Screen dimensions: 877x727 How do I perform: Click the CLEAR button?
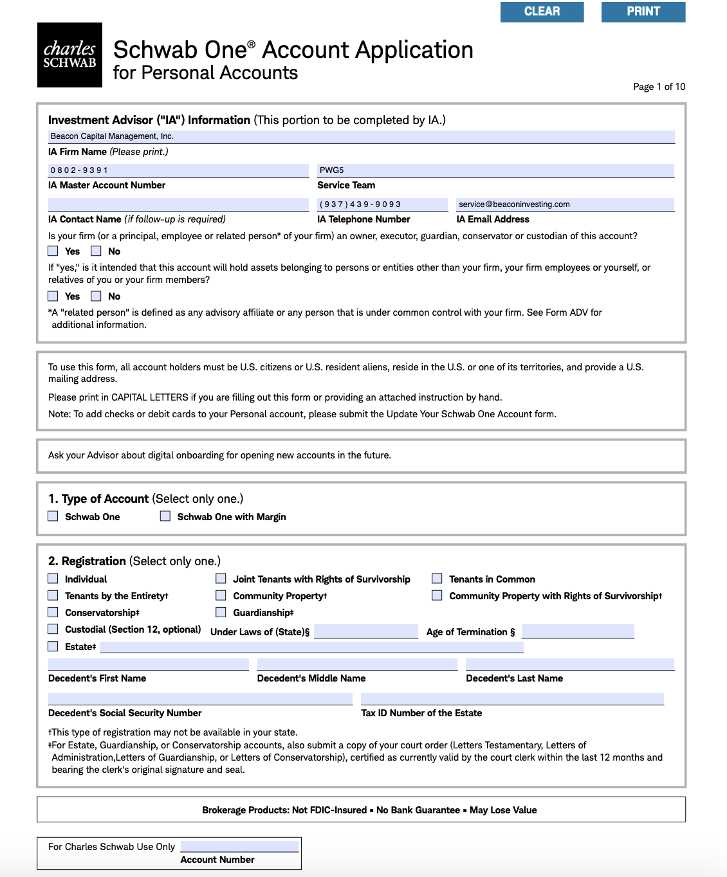tap(542, 12)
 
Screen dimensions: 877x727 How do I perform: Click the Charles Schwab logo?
tap(69, 55)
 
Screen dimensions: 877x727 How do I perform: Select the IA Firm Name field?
tap(361, 136)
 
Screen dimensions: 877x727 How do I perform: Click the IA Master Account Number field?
tap(178, 170)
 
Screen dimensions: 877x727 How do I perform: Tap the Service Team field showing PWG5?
tap(495, 170)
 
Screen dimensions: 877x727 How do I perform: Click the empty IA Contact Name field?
tap(178, 204)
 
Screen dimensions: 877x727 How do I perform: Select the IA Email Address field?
tap(565, 204)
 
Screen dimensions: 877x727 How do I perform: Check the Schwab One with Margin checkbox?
tap(165, 516)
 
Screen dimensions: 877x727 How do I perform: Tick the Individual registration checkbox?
tap(53, 579)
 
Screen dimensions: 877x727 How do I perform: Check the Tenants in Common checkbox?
tap(437, 579)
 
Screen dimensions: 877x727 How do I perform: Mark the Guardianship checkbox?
tap(221, 612)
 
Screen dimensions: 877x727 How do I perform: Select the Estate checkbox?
tap(53, 646)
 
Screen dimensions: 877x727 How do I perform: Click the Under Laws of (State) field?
tap(366, 631)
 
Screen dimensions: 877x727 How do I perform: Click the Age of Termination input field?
tap(578, 631)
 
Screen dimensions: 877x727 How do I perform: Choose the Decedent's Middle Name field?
tap(357, 664)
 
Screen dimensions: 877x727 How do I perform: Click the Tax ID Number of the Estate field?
tap(512, 699)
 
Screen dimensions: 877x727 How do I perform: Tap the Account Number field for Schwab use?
tap(239, 846)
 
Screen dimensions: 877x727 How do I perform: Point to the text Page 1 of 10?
tap(659, 87)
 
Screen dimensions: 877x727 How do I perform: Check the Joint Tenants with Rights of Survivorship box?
tap(221, 579)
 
